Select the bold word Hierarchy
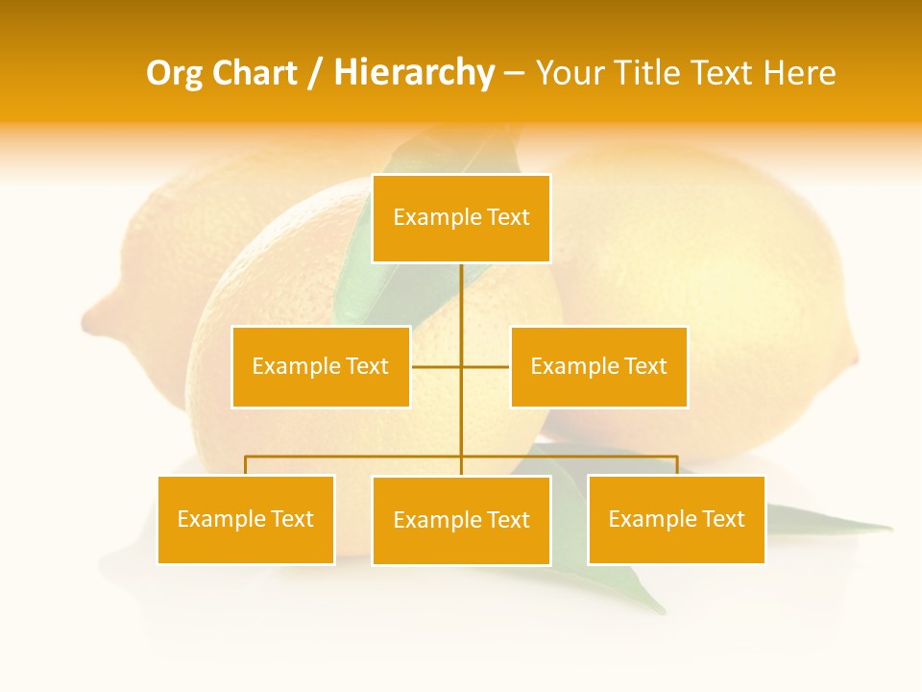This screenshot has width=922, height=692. pos(414,73)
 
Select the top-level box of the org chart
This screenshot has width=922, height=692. pos(461,218)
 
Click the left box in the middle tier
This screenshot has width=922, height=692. pos(321,366)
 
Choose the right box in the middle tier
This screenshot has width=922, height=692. pos(598,366)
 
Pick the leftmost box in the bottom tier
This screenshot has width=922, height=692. pos(246,519)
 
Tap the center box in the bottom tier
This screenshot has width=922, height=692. pos(461,520)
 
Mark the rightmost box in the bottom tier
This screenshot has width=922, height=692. pos(676,519)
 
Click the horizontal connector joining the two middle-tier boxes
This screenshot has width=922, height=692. pos(460,366)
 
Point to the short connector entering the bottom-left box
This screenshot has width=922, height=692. pos(246,465)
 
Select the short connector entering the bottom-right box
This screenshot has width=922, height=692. pos(677,465)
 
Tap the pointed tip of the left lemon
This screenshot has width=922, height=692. pos(86,317)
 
